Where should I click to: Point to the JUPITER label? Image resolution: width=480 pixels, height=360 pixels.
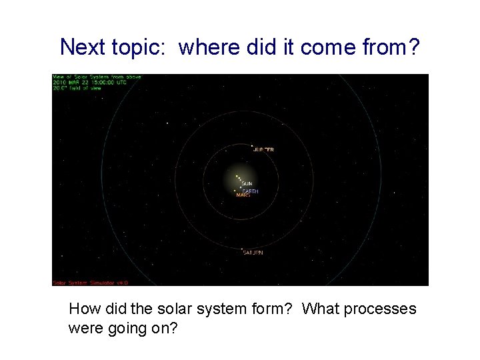coord(264,150)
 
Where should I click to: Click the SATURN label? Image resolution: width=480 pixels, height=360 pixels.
coord(253,253)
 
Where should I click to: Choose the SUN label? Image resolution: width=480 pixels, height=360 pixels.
coord(247,183)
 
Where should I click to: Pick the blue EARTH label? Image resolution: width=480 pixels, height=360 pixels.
coord(250,191)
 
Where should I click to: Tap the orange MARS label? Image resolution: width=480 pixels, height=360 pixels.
coord(243,195)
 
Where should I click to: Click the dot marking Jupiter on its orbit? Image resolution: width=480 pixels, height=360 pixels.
coord(251,146)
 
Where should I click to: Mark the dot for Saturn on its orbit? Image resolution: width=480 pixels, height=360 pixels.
coord(241,249)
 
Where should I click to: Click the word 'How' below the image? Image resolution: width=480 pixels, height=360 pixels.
coord(83,309)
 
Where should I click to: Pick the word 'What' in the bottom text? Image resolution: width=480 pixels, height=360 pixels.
coord(321,309)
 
